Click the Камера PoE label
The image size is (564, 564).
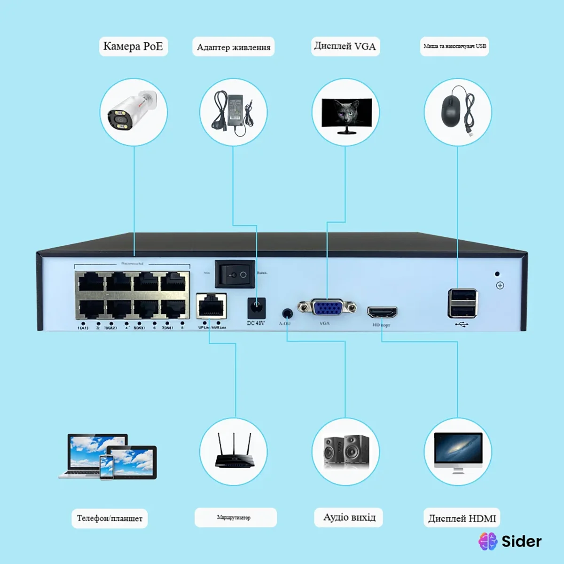(133, 46)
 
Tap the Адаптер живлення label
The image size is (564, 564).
(233, 47)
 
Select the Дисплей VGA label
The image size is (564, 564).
(345, 46)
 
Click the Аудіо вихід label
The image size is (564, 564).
(349, 517)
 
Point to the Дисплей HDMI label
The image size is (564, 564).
(462, 518)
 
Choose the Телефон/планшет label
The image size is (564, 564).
(110, 518)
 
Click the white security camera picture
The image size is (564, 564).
(132, 112)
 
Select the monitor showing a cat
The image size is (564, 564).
(346, 115)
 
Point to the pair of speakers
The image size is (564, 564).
(346, 451)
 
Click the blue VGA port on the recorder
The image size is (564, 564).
(328, 308)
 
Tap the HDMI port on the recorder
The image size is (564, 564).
(382, 312)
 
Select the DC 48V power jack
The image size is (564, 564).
(256, 308)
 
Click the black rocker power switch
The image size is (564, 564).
(235, 274)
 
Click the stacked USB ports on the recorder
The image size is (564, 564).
(462, 303)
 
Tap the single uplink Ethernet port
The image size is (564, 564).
(211, 306)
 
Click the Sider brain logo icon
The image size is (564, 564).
(488, 541)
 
